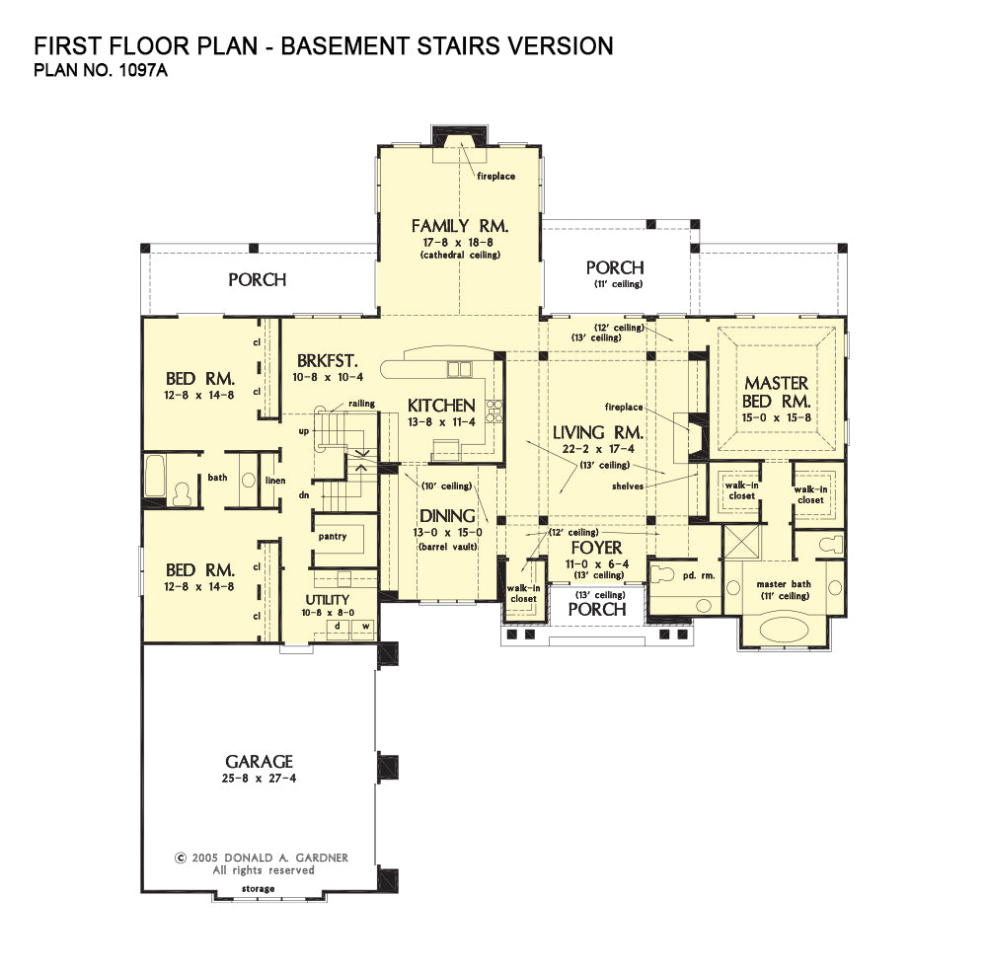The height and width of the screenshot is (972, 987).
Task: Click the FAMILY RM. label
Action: pyautogui.click(x=460, y=226)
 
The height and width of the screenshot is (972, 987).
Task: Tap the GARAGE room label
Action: pyautogui.click(x=259, y=762)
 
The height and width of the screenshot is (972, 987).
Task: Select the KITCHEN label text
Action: pyautogui.click(x=441, y=406)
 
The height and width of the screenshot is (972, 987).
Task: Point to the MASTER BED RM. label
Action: pyautogui.click(x=776, y=392)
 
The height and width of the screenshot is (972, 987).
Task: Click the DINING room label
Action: pyautogui.click(x=447, y=516)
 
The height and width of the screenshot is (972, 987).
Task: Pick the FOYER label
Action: pyautogui.click(x=596, y=548)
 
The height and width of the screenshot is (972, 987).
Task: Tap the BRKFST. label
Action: pyautogui.click(x=328, y=361)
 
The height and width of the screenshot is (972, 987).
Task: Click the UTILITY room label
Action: pyautogui.click(x=328, y=600)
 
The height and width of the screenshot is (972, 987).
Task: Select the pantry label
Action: pyautogui.click(x=333, y=537)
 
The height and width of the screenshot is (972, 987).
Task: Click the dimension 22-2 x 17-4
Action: pyautogui.click(x=598, y=449)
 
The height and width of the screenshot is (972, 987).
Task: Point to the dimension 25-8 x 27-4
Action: pyautogui.click(x=259, y=779)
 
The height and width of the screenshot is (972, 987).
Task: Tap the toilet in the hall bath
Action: pyautogui.click(x=182, y=493)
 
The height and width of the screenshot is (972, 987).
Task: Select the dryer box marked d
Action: pyautogui.click(x=338, y=627)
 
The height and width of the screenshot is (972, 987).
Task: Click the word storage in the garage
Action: pyautogui.click(x=258, y=889)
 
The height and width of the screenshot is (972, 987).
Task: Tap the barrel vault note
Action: pyautogui.click(x=447, y=547)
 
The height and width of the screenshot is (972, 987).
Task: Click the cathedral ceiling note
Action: pyautogui.click(x=460, y=255)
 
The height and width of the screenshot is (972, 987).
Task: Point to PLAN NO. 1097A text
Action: pyautogui.click(x=101, y=70)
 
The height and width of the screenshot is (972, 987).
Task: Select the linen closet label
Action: pyautogui.click(x=275, y=481)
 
